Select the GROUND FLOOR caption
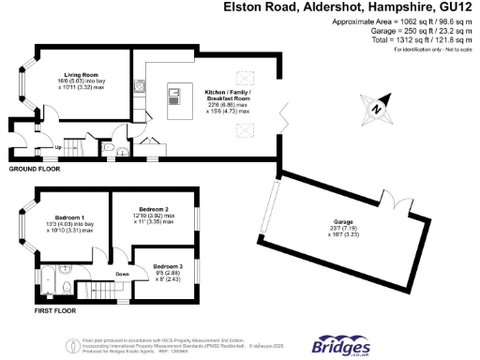coord(35,169)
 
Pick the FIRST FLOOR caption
coord(30,308)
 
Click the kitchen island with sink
coord(173,97)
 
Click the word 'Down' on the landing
coord(123,275)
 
